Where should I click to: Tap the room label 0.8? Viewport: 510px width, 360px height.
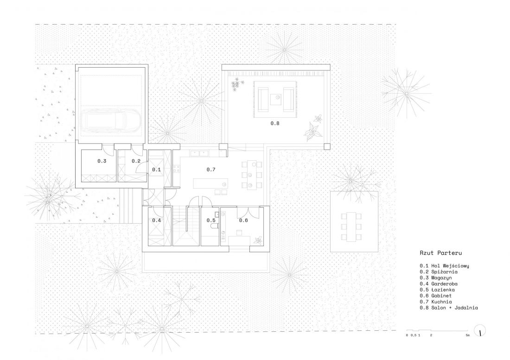[275, 123]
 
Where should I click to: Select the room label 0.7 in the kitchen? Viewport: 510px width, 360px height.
[211, 169]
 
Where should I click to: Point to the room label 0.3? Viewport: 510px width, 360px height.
[102, 161]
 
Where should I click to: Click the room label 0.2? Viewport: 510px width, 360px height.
[136, 161]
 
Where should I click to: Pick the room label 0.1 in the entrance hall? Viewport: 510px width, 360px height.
[156, 169]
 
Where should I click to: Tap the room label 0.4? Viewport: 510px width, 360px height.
[156, 220]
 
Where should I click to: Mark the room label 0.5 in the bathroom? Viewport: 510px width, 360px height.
[211, 220]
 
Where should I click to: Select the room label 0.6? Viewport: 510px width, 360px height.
[243, 220]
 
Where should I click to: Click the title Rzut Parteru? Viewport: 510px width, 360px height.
[441, 253]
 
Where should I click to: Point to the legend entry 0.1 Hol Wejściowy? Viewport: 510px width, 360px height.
[444, 266]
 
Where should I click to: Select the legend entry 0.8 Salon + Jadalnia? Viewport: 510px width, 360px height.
[448, 308]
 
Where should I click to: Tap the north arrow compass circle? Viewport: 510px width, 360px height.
[480, 331]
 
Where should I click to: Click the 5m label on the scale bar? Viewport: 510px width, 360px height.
[467, 335]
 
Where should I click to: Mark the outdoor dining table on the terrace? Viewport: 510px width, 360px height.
[351, 227]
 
